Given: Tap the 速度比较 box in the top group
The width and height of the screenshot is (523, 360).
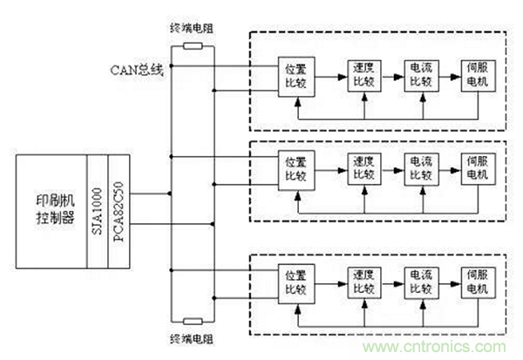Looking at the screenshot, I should pos(359,75).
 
